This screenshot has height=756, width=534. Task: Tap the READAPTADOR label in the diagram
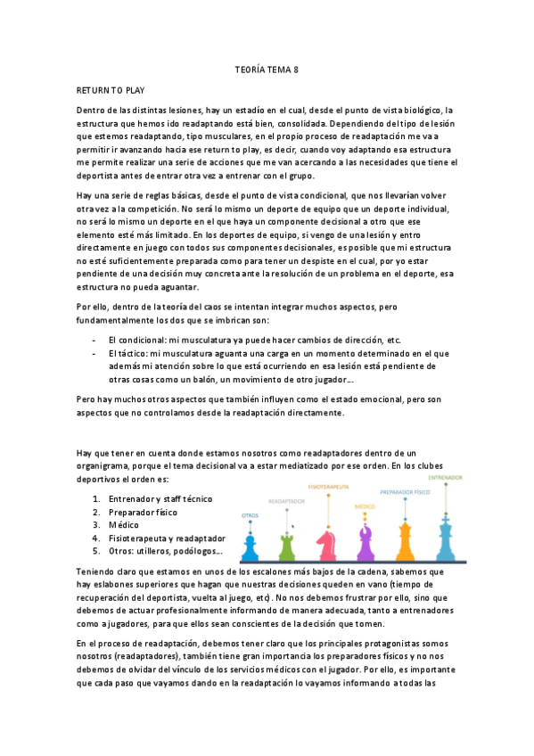point(287,502)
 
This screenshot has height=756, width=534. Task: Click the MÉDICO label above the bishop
point(364,505)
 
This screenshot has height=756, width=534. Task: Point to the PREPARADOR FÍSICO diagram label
point(406,491)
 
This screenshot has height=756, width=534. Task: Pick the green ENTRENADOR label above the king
point(446,478)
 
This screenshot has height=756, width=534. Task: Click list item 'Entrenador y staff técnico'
point(160,499)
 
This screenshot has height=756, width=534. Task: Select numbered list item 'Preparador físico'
point(143,513)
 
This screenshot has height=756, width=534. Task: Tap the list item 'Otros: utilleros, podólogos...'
point(165,552)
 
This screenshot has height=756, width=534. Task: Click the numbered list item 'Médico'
point(125,526)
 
